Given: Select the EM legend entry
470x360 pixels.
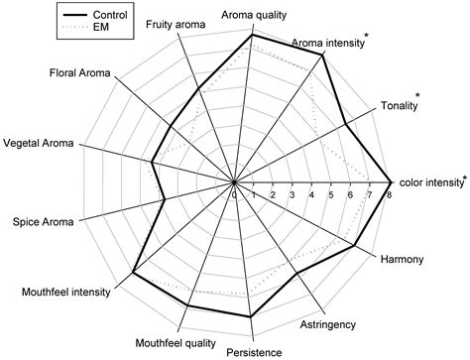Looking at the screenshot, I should tap(76, 31).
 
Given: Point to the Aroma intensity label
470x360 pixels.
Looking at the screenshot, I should tap(327, 44).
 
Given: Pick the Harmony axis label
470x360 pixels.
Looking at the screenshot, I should tap(403, 260).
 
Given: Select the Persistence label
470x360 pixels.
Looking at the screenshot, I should tap(253, 351).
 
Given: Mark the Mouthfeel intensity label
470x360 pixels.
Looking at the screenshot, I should tap(66, 293).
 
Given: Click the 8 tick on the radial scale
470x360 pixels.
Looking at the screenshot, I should tap(389, 195).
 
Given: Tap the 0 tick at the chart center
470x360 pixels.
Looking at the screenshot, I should tap(235, 195).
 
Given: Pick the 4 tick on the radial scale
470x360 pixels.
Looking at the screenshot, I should tap(312, 195).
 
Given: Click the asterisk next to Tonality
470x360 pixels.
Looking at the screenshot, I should tap(418, 95).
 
